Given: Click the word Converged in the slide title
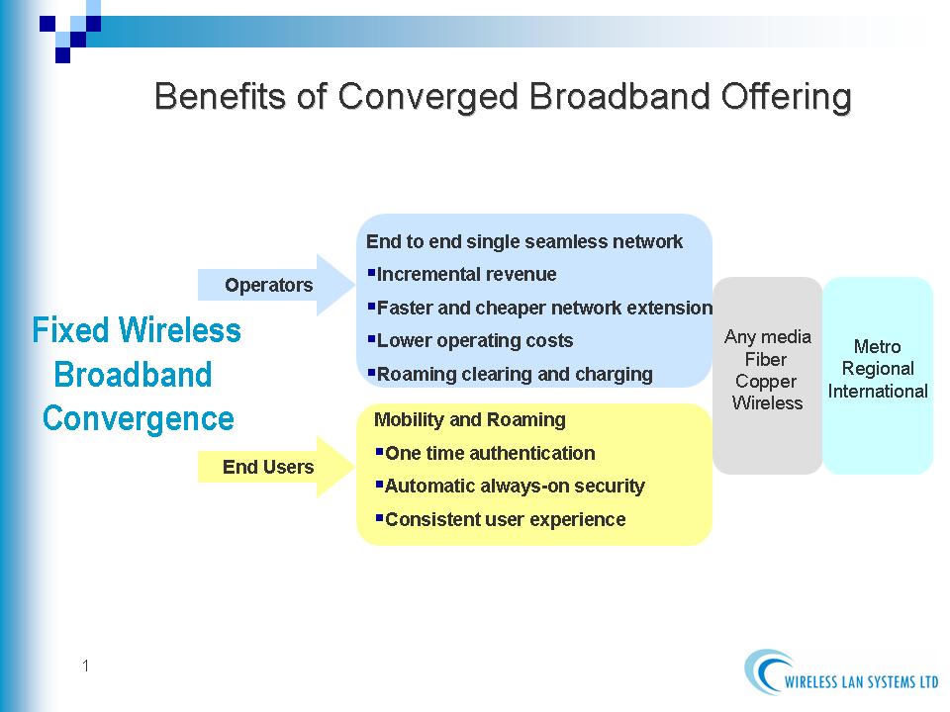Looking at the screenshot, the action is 427,96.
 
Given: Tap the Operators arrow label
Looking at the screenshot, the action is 269,285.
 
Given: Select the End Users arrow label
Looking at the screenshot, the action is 268,467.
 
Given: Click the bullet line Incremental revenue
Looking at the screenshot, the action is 462,274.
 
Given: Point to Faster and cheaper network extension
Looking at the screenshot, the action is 540,308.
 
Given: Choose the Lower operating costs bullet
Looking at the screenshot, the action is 470,341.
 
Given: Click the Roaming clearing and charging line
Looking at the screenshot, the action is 511,374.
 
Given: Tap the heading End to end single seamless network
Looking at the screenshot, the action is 524,241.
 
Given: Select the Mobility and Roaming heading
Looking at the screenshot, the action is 469,419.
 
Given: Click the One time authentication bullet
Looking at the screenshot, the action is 485,453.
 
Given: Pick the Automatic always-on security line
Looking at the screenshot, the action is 511,487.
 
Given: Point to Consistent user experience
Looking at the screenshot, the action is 501,519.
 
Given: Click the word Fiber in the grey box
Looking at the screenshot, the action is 766,360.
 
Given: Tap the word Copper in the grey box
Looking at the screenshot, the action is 766,382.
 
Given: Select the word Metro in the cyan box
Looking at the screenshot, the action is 877,347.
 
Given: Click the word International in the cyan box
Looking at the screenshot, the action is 878,392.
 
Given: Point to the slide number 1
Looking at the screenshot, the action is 85,666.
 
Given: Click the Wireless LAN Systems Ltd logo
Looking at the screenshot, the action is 841,672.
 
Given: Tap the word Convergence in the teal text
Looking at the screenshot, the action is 139,418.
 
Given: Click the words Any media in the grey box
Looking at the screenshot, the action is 768,336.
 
